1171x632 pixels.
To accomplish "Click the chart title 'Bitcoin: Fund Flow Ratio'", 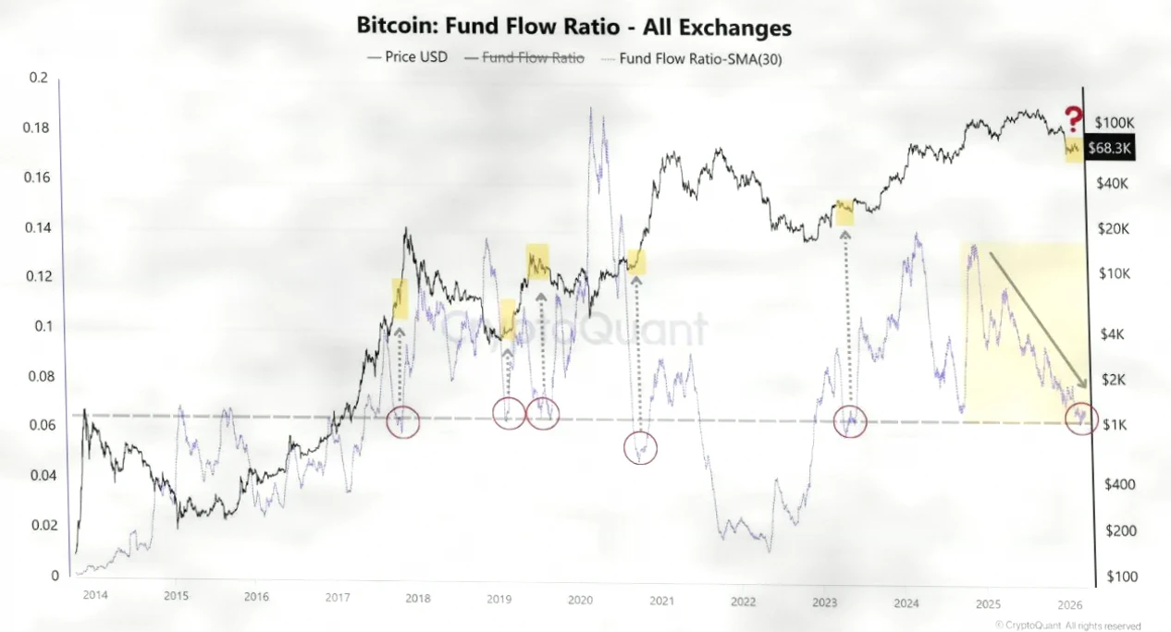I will pyautogui.click(x=573, y=27).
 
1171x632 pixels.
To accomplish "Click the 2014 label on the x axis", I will pyautogui.click(x=95, y=595).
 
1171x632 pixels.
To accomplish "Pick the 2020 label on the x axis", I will pyautogui.click(x=580, y=601).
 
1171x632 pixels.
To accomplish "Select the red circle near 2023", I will pyautogui.click(x=849, y=421).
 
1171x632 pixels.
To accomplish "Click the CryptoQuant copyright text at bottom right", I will pyautogui.click(x=1067, y=626).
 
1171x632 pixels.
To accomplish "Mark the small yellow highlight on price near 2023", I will pyautogui.click(x=844, y=213).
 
